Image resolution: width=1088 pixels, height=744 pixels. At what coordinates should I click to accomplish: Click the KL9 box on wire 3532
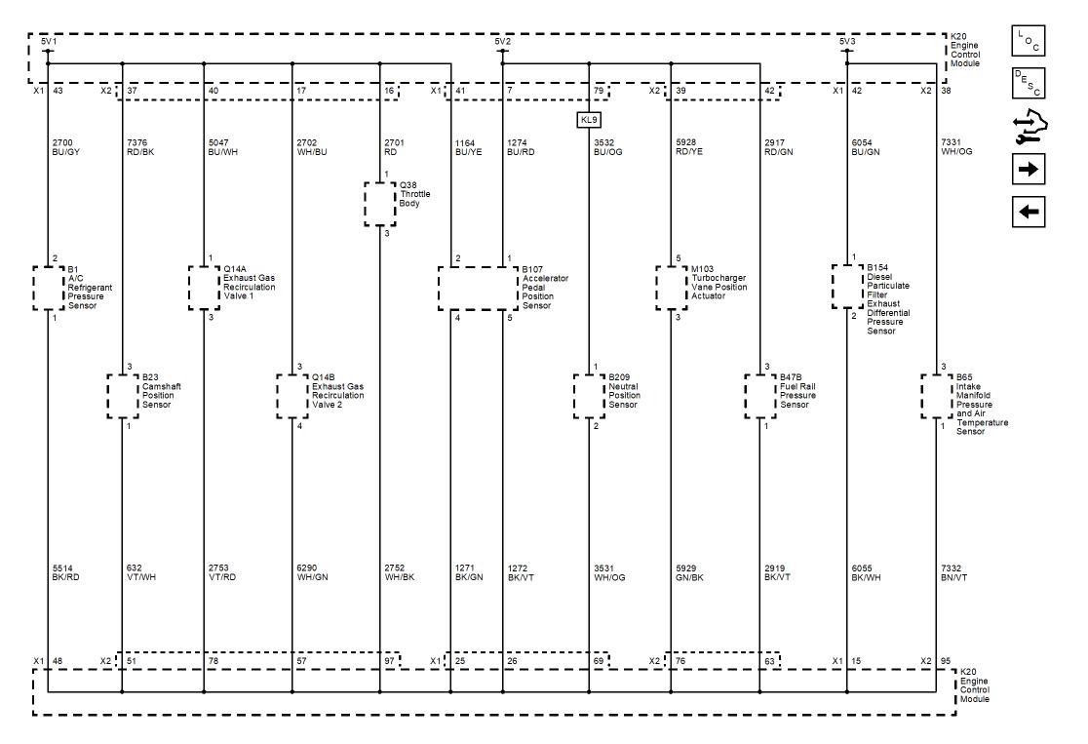point(589,120)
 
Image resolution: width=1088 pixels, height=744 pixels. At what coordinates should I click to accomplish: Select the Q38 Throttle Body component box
point(379,203)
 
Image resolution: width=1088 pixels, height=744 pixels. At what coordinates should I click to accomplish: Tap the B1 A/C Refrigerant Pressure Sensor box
point(48,287)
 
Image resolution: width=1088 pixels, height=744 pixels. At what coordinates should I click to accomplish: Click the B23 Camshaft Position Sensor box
point(123,395)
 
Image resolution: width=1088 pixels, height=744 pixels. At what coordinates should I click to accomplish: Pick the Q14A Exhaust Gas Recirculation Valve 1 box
point(204,287)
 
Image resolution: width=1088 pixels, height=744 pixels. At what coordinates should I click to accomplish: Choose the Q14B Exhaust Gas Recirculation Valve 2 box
point(292,395)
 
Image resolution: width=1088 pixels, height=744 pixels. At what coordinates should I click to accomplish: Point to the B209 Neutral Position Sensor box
point(589,395)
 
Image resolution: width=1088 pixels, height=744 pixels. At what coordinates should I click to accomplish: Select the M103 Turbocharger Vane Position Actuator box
point(671,287)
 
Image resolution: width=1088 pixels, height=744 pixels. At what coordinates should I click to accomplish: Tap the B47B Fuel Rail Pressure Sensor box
point(760,395)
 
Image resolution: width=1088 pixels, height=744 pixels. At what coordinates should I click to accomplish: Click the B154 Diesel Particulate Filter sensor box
point(847,286)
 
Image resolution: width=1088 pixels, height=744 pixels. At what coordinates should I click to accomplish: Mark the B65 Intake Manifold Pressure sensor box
point(937,395)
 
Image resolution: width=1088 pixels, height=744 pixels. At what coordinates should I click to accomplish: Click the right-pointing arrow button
point(1028,169)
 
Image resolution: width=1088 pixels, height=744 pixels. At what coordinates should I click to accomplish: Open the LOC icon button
point(1028,41)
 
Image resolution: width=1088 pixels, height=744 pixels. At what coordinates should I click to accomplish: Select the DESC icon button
point(1028,84)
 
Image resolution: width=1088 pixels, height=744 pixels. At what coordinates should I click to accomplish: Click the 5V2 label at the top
point(502,41)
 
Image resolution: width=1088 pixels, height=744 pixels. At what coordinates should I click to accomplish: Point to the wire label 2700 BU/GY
point(65,146)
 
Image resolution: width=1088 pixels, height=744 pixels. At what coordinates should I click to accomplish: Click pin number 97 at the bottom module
point(390,662)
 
